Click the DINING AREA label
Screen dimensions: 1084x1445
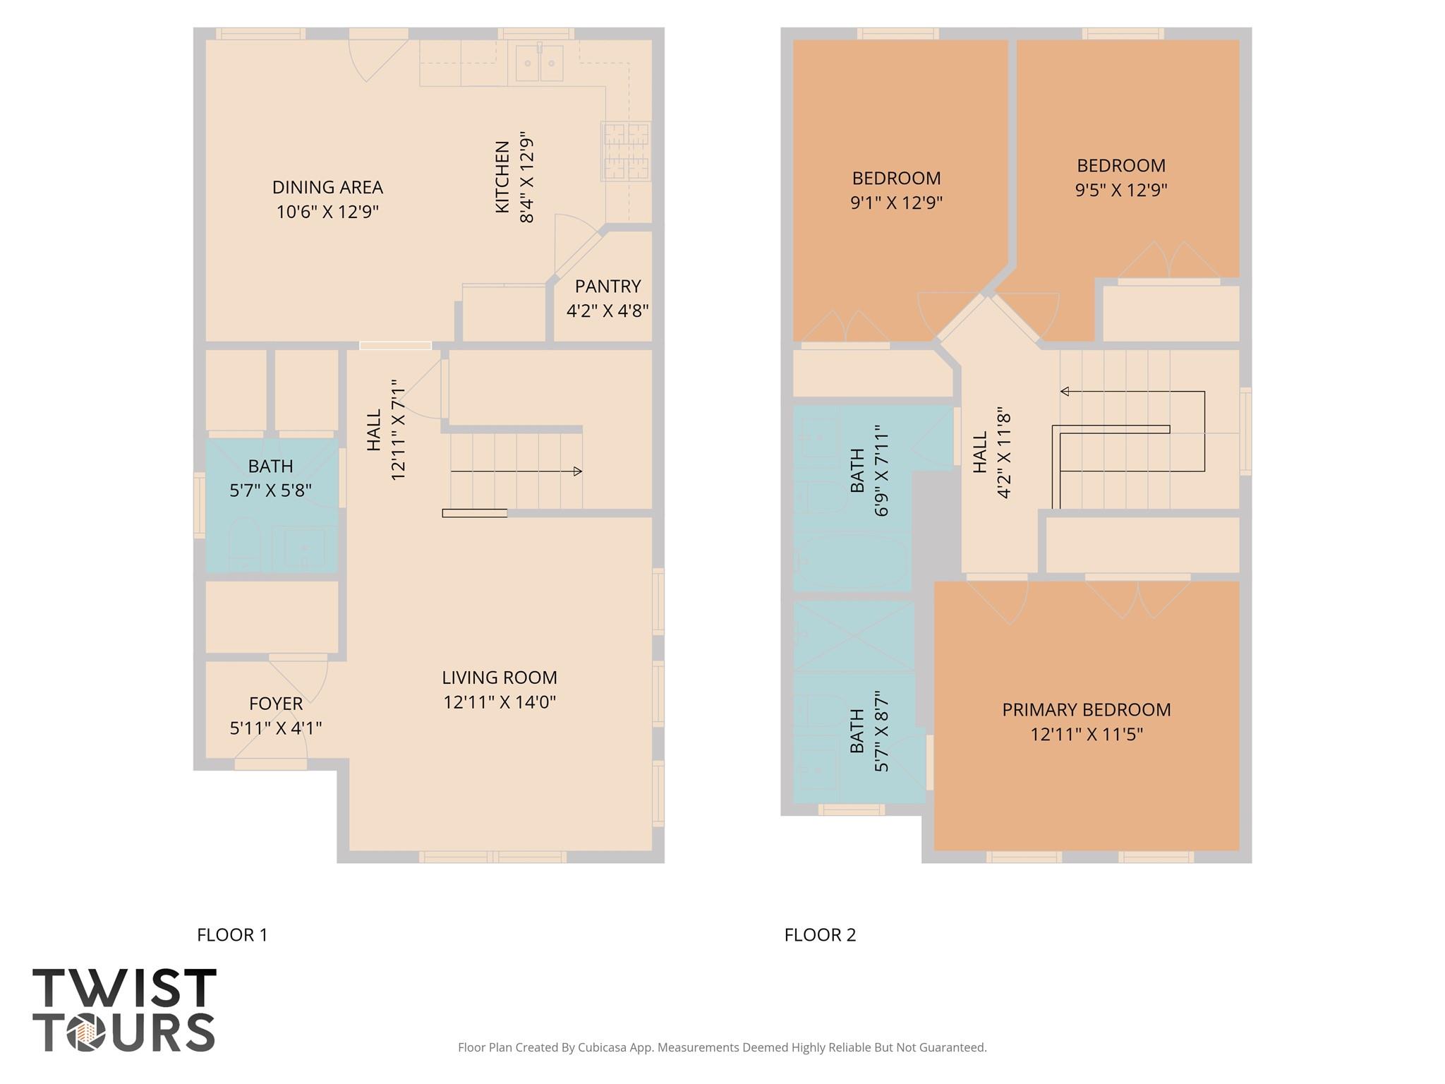pos(327,188)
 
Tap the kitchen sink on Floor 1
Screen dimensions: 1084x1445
pos(539,64)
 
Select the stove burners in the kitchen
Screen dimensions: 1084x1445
pos(625,151)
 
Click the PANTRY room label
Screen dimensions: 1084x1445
pos(607,287)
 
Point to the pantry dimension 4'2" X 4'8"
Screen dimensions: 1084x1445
pos(607,311)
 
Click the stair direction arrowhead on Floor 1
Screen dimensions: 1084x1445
pos(578,471)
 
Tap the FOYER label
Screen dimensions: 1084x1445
pos(276,704)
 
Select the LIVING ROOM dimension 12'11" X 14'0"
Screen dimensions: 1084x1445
pos(500,702)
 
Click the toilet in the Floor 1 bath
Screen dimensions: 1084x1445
pos(244,543)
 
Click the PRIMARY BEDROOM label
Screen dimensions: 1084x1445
pos(1086,710)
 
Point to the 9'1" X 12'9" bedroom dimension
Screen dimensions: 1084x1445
pos(896,203)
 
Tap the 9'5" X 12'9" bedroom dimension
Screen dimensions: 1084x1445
pos(1120,191)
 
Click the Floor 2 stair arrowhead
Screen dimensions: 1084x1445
pos(1065,392)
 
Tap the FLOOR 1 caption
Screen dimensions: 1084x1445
pos(232,935)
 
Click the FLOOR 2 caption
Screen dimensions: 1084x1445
pos(820,935)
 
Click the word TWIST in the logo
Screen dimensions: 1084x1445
pos(124,988)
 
